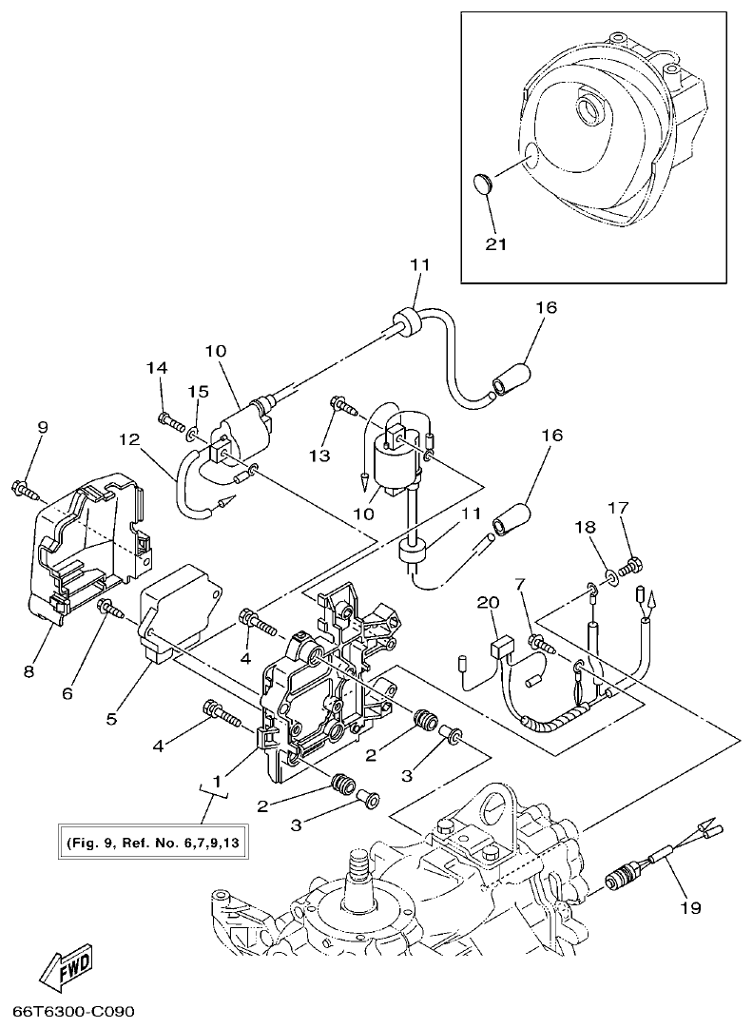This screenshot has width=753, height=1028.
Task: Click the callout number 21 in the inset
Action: (x=495, y=243)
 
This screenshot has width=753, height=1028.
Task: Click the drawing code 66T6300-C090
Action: (x=73, y=1008)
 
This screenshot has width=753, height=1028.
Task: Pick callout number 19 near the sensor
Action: (x=689, y=908)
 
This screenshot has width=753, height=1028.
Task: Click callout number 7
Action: (x=520, y=583)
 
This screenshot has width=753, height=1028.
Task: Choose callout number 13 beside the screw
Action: (x=319, y=456)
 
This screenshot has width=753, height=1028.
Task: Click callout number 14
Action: (x=157, y=368)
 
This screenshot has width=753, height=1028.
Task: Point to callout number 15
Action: (x=197, y=391)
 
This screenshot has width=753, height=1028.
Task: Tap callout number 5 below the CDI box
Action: (x=112, y=719)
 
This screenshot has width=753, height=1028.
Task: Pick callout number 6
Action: (x=67, y=693)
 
